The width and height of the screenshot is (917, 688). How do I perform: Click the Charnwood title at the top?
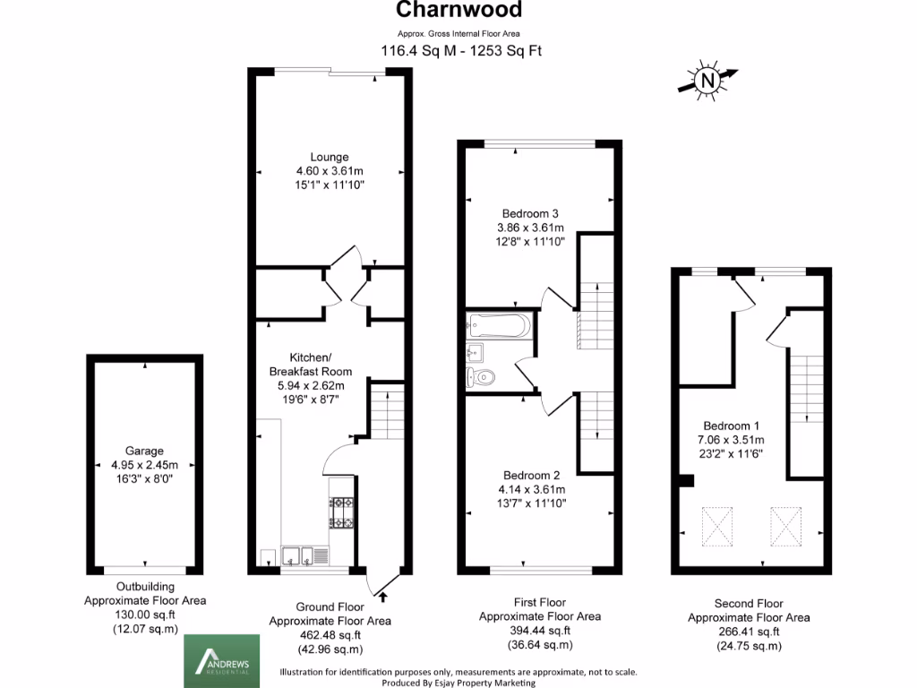(x=458, y=11)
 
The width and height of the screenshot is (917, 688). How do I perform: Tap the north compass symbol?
(x=708, y=81)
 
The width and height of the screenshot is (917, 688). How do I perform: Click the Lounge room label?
(x=330, y=157)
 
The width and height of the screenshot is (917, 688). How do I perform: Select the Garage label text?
(x=144, y=451)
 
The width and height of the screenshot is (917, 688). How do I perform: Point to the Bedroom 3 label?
(x=530, y=213)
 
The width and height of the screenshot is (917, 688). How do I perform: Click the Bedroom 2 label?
(x=530, y=475)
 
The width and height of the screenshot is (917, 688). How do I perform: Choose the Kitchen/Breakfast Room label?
(x=310, y=364)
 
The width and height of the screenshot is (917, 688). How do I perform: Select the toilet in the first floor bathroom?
(x=481, y=377)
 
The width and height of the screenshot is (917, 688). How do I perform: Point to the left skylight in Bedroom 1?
(x=716, y=526)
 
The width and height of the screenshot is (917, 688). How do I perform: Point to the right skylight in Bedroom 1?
(x=785, y=526)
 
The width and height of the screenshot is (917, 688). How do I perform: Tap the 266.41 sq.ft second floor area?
(x=749, y=632)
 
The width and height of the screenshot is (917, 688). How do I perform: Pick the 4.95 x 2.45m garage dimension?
(x=144, y=465)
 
